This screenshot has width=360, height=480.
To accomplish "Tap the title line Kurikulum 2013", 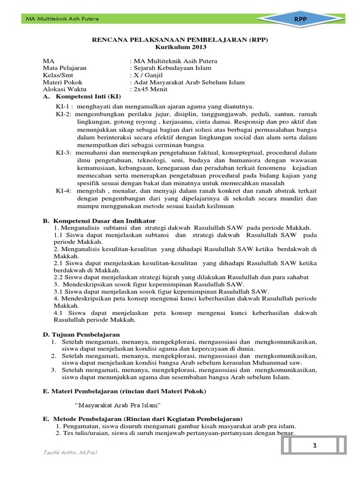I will point(180,47).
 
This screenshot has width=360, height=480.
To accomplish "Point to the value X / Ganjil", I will point(149,75).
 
